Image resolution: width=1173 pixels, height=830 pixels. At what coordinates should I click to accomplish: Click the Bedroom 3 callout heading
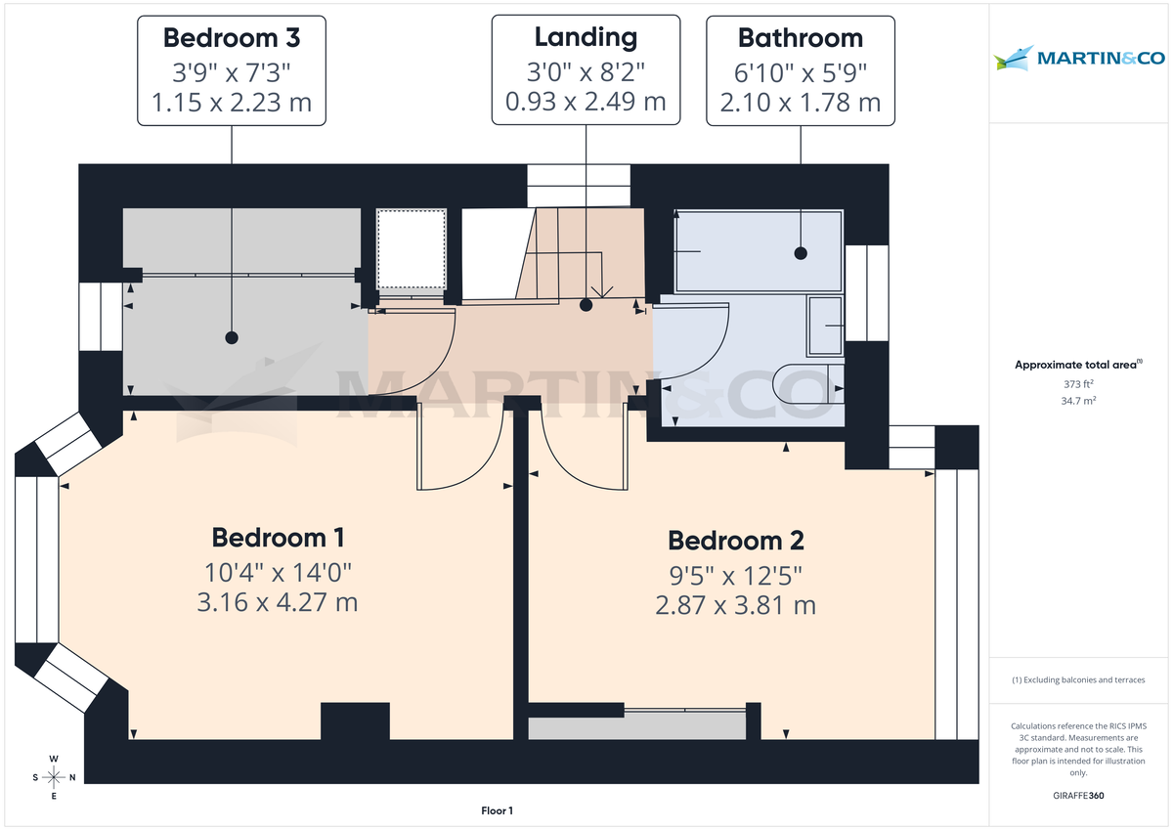(x=232, y=38)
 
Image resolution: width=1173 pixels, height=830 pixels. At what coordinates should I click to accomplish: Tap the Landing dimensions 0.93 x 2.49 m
(x=586, y=101)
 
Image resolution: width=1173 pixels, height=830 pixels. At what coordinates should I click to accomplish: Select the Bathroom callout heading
(x=801, y=38)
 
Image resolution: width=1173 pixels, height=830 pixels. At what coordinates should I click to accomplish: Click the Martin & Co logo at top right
(x=1079, y=59)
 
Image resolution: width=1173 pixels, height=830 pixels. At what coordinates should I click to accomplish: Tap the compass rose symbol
(x=55, y=777)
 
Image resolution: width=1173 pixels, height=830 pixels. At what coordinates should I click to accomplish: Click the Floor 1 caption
(x=497, y=810)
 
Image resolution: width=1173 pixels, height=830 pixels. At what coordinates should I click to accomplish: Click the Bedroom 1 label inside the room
(x=278, y=538)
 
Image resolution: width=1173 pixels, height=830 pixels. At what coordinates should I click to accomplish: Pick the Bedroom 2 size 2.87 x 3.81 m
(x=735, y=605)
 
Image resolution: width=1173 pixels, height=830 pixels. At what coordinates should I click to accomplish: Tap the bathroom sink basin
(x=827, y=326)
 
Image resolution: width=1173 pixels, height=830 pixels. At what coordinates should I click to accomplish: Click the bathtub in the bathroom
(x=758, y=251)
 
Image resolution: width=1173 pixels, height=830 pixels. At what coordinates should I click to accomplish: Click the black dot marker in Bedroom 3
(x=232, y=337)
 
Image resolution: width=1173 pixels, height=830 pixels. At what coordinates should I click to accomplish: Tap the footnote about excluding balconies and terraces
(x=1079, y=679)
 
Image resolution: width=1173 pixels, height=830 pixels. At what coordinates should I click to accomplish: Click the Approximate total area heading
(x=1078, y=365)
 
